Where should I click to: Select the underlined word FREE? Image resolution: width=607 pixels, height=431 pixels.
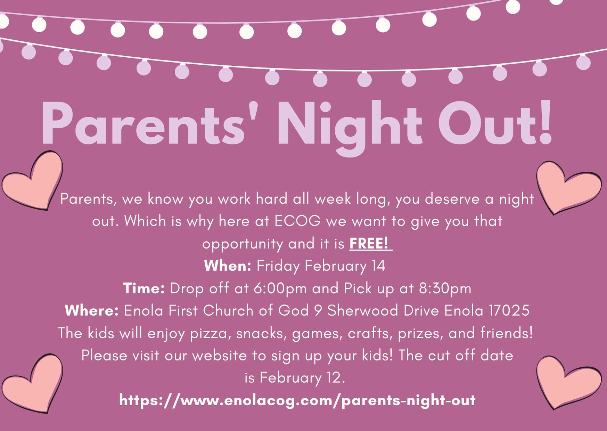coord(369,243)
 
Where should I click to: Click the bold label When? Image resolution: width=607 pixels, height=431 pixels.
coord(228,266)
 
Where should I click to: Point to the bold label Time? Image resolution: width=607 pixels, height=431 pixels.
coord(144,288)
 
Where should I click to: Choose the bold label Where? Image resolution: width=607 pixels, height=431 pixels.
coord(92,310)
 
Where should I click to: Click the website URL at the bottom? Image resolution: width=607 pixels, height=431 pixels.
coord(297,400)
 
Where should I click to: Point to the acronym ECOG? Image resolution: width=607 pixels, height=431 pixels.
coord(297,221)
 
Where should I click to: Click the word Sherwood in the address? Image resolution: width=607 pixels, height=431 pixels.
coord(363,311)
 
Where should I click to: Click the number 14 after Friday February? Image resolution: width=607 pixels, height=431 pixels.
coord(378,266)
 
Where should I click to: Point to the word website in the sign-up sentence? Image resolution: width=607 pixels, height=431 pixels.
coord(220,356)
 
